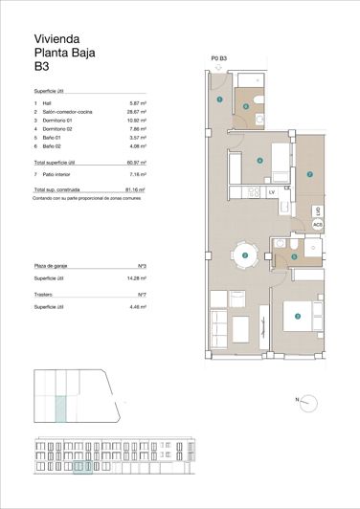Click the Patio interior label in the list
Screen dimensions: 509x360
coord(60,176)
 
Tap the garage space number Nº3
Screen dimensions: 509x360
coord(142,265)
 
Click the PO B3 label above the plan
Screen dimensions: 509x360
coord(218,59)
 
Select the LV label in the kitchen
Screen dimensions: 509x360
coord(272,192)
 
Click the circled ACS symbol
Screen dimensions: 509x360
coord(317,224)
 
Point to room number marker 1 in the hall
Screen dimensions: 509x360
coord(219,99)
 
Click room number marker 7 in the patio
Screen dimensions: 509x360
coord(309,174)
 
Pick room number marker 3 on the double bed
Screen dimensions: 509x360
coord(298,317)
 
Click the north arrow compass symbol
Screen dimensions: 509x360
coord(305,399)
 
